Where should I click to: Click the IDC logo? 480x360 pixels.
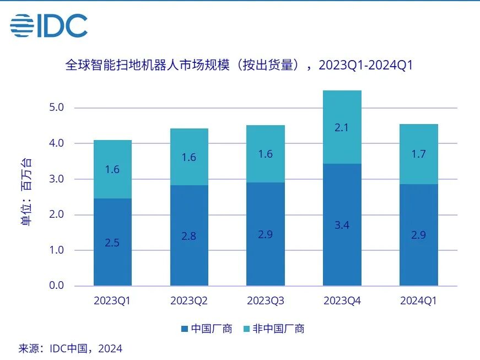point(48,25)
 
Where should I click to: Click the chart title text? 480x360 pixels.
point(239,66)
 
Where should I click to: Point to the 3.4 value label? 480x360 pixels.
point(342,225)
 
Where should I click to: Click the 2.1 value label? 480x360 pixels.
point(342,128)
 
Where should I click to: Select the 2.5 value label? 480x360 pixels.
point(112,242)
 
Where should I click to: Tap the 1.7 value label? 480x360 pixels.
point(419,154)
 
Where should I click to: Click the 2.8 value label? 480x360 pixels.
point(189,236)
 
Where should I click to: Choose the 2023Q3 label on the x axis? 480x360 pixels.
point(266,301)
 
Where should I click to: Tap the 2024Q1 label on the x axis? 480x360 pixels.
point(419,301)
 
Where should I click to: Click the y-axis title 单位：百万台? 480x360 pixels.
point(26,193)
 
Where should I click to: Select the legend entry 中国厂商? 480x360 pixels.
point(207,329)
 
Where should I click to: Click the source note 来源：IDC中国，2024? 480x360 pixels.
point(71,348)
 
